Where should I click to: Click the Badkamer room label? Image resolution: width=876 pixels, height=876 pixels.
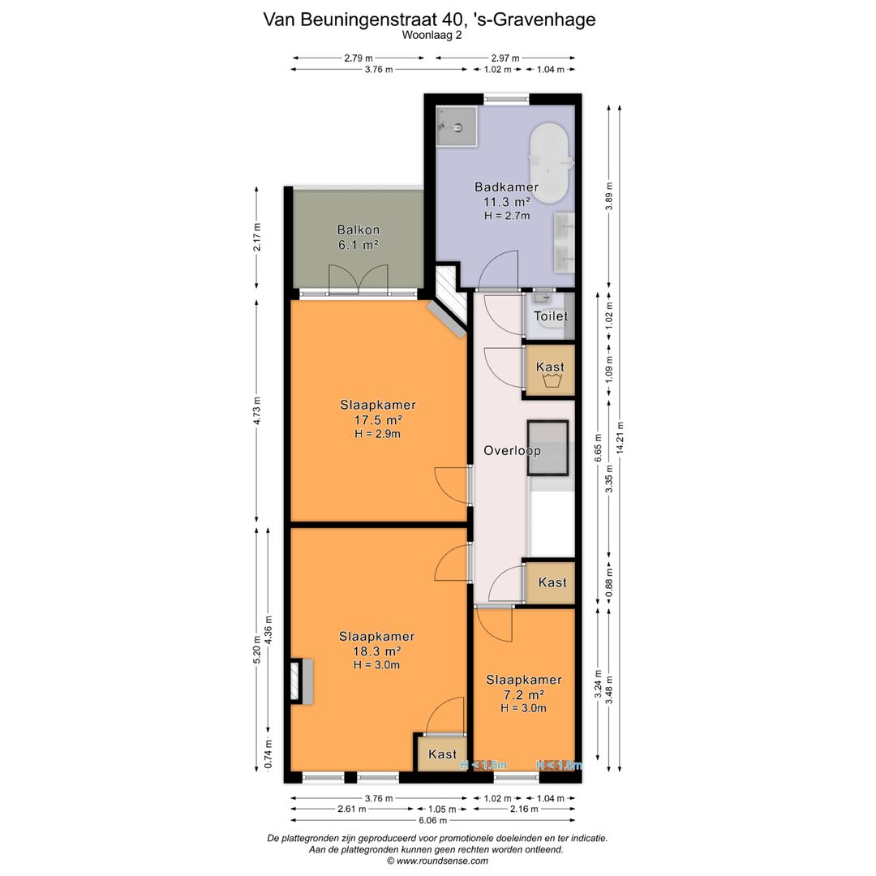[x=506, y=187]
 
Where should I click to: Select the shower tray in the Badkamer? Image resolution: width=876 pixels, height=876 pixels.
[x=457, y=127]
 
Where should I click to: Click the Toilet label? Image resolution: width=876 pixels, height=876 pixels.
[x=551, y=316]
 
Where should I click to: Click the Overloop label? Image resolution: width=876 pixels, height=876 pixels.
[x=512, y=450]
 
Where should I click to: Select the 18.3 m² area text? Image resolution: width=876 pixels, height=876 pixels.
[x=378, y=651]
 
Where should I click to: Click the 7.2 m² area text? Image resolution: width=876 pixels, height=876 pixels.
[x=524, y=694]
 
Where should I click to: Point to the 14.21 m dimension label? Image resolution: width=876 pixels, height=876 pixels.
[x=620, y=439]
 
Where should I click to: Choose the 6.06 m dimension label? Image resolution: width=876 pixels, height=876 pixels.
[x=432, y=821]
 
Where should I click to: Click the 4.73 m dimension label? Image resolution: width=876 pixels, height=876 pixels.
[x=257, y=411]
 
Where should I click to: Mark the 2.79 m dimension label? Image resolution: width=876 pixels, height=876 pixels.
[x=358, y=58]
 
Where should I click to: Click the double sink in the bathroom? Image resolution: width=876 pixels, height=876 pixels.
[x=565, y=242]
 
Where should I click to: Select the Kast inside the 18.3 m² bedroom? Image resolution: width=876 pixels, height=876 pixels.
[x=442, y=754]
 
